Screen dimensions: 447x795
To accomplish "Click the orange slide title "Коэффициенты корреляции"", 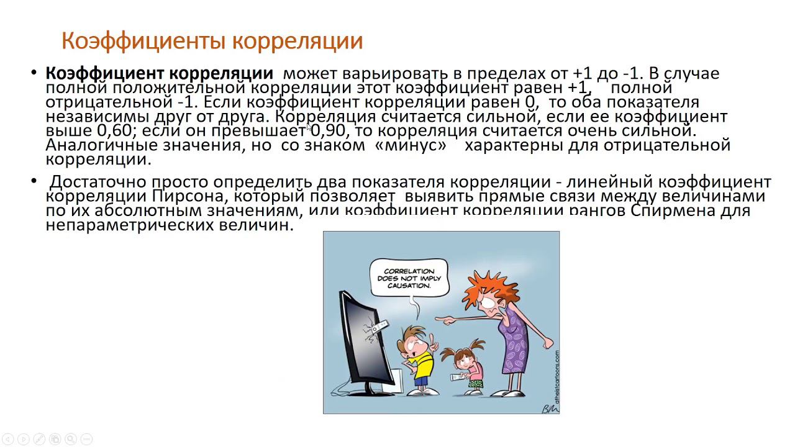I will (212, 41).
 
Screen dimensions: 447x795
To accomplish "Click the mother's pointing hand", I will (442, 320).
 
